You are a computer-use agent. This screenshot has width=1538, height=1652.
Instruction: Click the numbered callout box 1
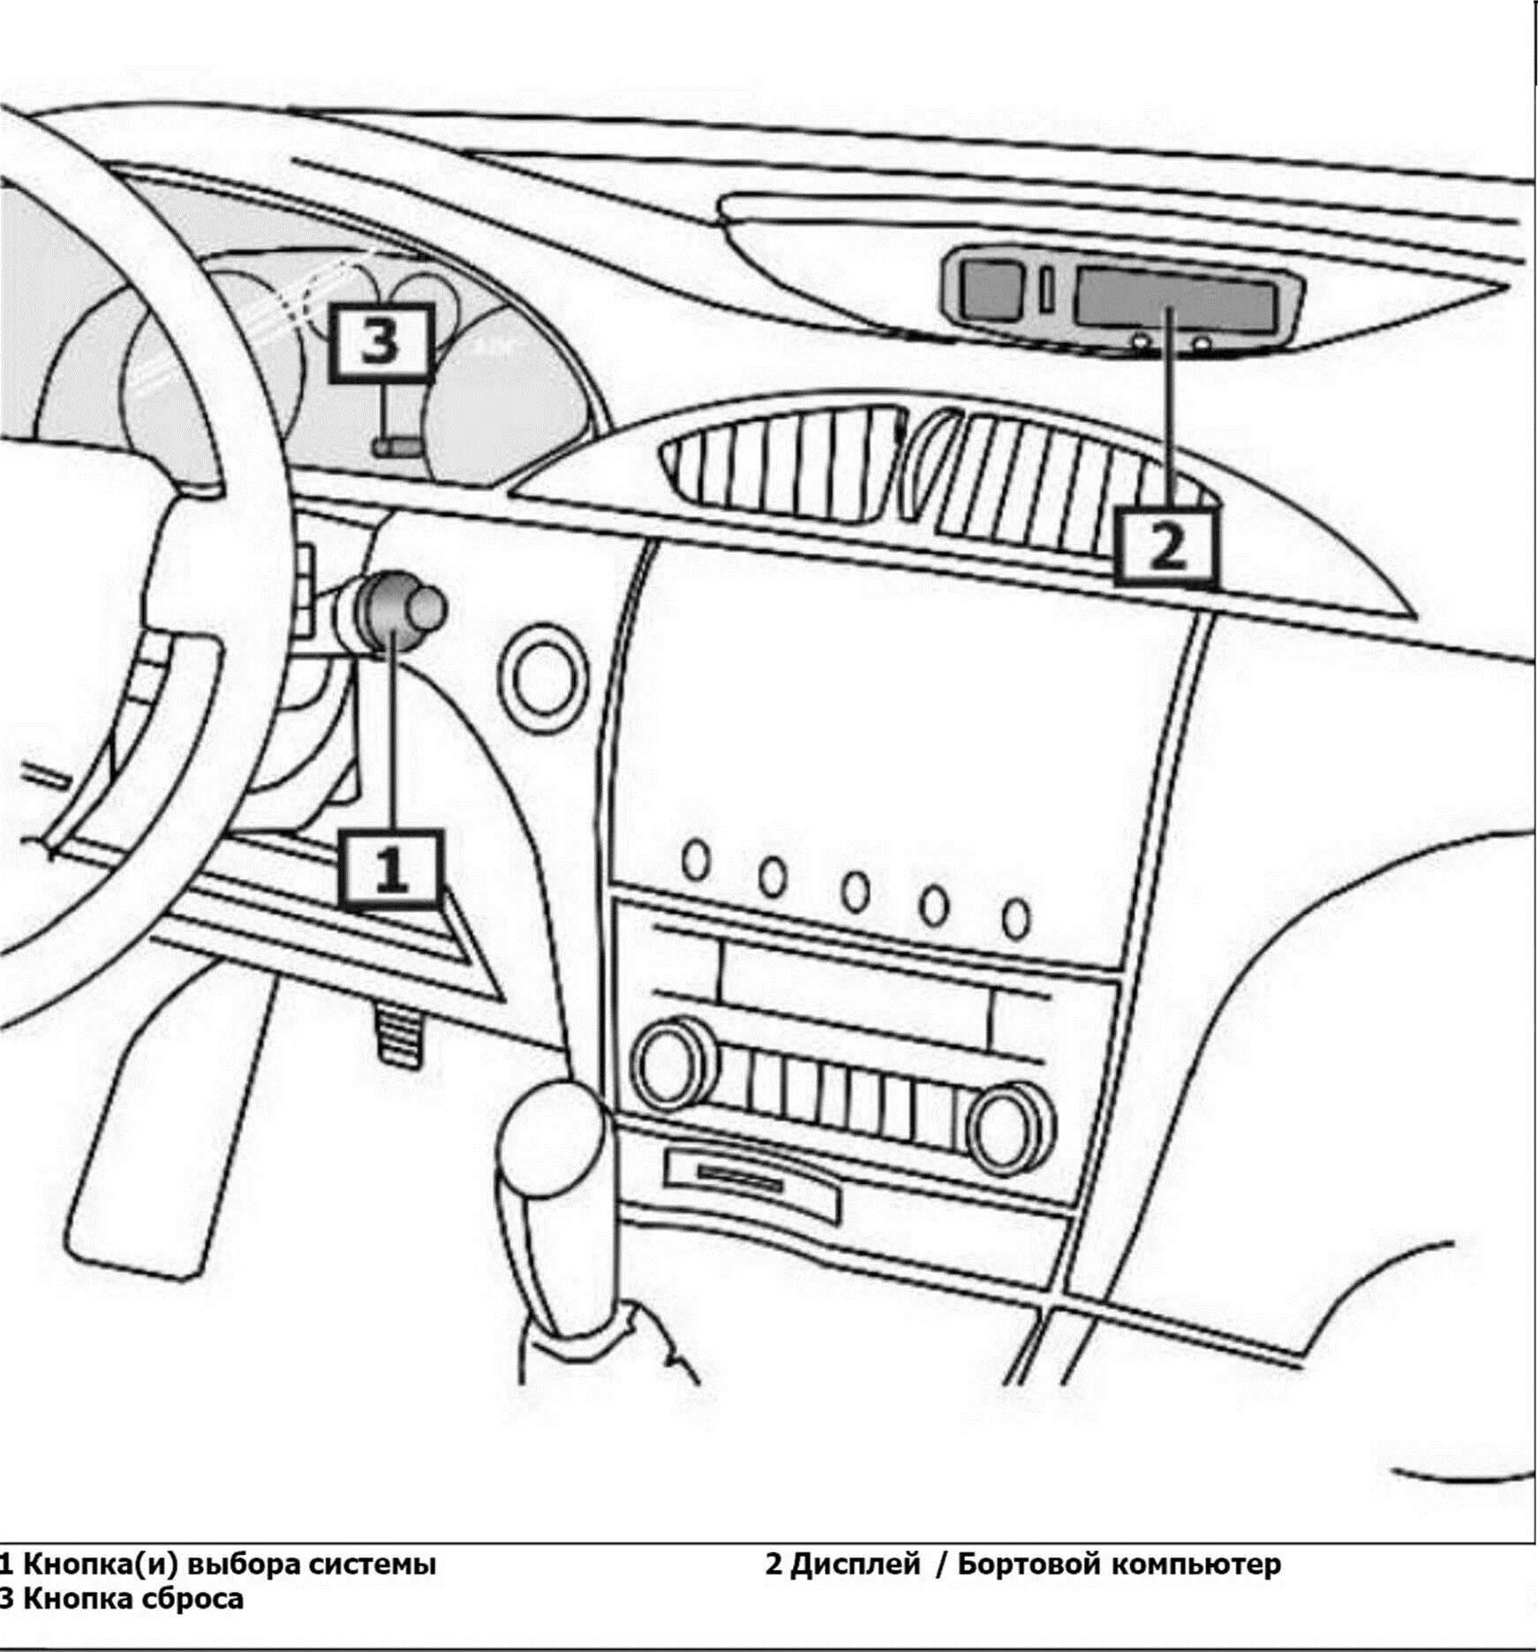(392, 870)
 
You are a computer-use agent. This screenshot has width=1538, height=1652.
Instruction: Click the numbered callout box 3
(381, 343)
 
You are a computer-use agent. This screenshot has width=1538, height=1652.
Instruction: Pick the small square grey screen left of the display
(991, 290)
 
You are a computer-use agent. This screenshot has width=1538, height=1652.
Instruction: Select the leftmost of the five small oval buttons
(696, 860)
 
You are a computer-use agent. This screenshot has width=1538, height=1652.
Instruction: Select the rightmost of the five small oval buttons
(1016, 919)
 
